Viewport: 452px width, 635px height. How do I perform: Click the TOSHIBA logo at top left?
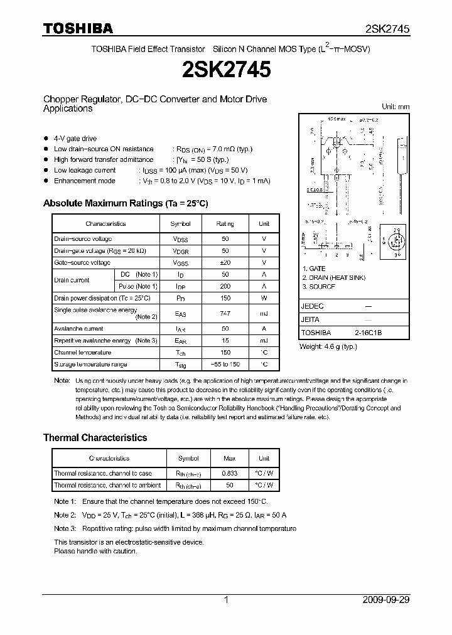pyautogui.click(x=78, y=28)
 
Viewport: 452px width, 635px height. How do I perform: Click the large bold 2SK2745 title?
pyautogui.click(x=225, y=70)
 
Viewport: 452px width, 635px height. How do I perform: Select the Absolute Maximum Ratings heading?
pyautogui.click(x=125, y=203)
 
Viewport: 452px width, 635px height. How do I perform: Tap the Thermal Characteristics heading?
pyautogui.click(x=95, y=437)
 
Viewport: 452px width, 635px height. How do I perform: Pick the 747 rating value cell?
pyautogui.click(x=225, y=313)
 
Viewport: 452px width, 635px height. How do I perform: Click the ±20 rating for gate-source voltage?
pyautogui.click(x=225, y=262)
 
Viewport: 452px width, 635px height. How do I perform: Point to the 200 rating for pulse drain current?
pyautogui.click(x=225, y=286)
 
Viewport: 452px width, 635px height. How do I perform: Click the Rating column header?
pyautogui.click(x=225, y=223)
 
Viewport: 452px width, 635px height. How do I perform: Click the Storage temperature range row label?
pyautogui.click(x=90, y=365)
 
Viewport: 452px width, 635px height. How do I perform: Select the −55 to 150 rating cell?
pyautogui.click(x=225, y=365)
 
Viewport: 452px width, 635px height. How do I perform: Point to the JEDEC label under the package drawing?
pyautogui.click(x=312, y=306)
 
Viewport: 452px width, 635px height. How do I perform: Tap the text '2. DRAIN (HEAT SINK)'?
pyautogui.click(x=333, y=277)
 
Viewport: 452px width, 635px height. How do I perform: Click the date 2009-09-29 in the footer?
pyautogui.click(x=386, y=600)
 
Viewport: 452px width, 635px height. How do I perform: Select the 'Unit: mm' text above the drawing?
pyautogui.click(x=395, y=107)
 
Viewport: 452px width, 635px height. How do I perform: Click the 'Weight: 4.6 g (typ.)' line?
pyautogui.click(x=331, y=346)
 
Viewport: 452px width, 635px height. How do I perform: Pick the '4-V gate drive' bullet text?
pyautogui.click(x=75, y=138)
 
